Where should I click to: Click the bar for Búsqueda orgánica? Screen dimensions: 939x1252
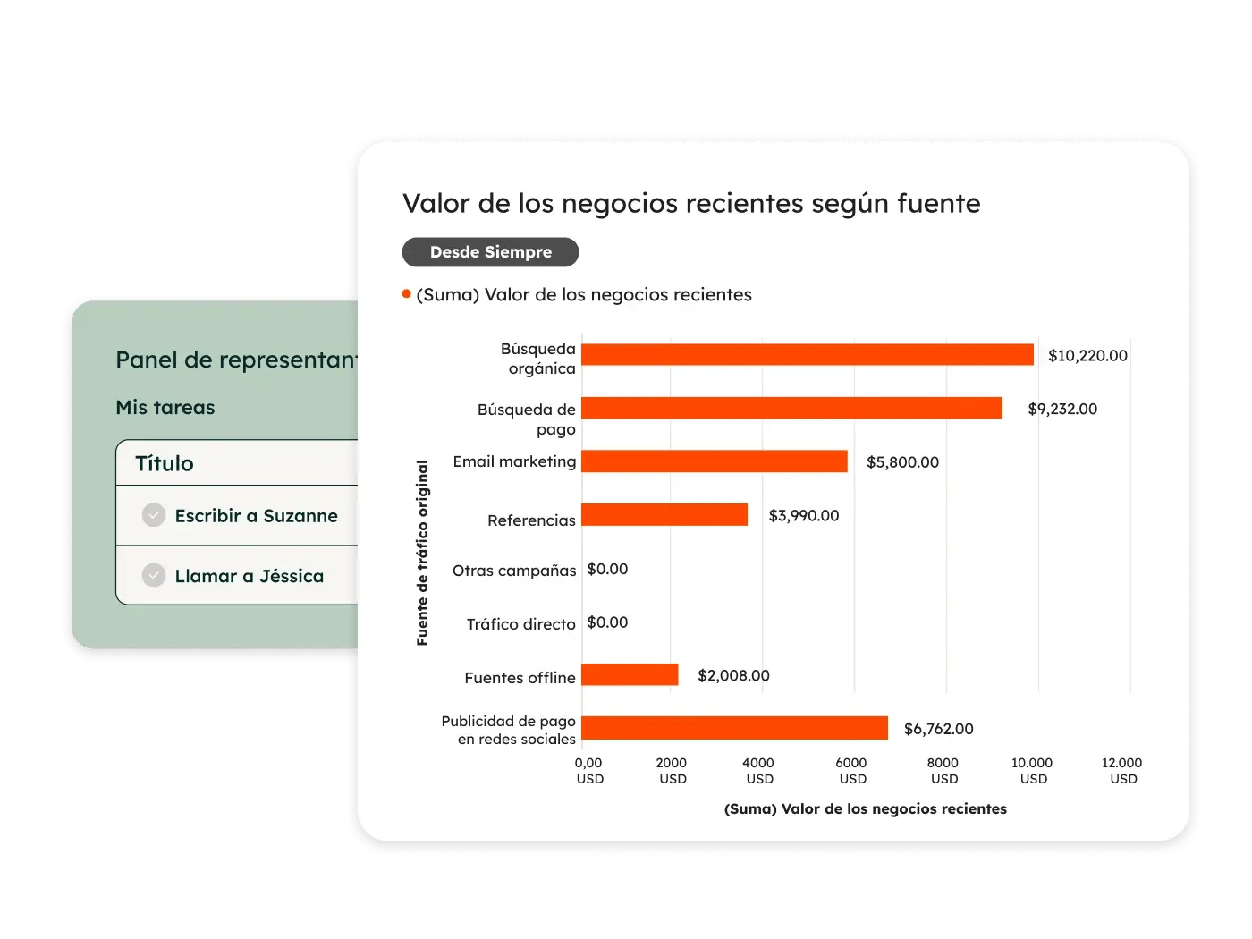(807, 355)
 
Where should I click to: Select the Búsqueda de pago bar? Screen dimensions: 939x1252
(791, 409)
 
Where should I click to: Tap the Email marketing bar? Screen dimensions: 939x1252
(714, 461)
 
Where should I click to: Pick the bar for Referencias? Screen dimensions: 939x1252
(664, 515)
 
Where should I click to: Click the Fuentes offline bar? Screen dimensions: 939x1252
(630, 675)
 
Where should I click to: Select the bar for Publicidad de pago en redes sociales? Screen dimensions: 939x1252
(734, 728)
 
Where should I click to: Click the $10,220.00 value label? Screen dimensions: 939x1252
(1087, 356)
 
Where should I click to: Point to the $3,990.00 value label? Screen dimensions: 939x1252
(804, 516)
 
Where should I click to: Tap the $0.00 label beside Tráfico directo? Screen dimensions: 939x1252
(607, 622)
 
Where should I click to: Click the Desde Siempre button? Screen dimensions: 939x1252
(490, 252)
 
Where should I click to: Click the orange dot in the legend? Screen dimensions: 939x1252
(407, 294)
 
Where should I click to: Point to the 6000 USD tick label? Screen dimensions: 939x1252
(851, 771)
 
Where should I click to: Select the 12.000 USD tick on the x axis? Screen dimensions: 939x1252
(1121, 771)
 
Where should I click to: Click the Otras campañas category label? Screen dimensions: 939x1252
(514, 571)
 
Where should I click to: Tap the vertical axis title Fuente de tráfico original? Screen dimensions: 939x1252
(422, 553)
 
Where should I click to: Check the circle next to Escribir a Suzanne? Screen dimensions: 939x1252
(154, 515)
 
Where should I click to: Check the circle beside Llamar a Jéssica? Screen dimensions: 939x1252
(154, 575)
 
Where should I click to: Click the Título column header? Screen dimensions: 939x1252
(165, 463)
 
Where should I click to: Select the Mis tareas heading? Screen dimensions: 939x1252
(165, 408)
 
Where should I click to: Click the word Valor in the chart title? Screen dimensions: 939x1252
(436, 204)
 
